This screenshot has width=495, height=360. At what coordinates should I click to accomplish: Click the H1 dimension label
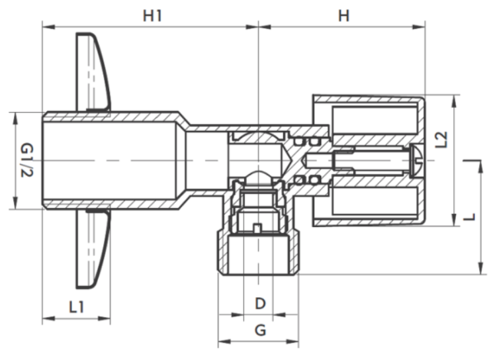(x=153, y=15)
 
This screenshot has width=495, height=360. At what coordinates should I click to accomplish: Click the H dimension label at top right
(x=343, y=15)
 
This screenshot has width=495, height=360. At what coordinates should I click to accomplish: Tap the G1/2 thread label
(x=26, y=160)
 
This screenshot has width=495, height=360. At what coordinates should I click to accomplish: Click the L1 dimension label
(x=77, y=306)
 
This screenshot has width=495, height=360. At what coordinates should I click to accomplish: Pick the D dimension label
(x=260, y=304)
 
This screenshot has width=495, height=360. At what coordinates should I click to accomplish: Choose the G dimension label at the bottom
(x=260, y=330)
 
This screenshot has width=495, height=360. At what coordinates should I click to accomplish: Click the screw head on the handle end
(x=417, y=160)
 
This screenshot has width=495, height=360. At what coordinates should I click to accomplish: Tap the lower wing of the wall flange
(x=94, y=249)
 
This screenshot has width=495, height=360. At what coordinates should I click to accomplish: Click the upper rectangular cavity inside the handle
(x=375, y=120)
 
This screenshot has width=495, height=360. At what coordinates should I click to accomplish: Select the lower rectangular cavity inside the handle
(x=375, y=200)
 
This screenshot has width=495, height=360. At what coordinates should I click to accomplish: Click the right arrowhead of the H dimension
(x=419, y=27)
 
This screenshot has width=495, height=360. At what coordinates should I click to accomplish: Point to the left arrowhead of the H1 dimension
(x=48, y=27)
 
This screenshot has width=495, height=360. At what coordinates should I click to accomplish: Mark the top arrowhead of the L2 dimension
(x=454, y=102)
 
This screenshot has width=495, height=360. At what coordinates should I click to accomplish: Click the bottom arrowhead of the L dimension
(x=481, y=268)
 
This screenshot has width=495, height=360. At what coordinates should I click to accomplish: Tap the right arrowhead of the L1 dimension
(x=104, y=318)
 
